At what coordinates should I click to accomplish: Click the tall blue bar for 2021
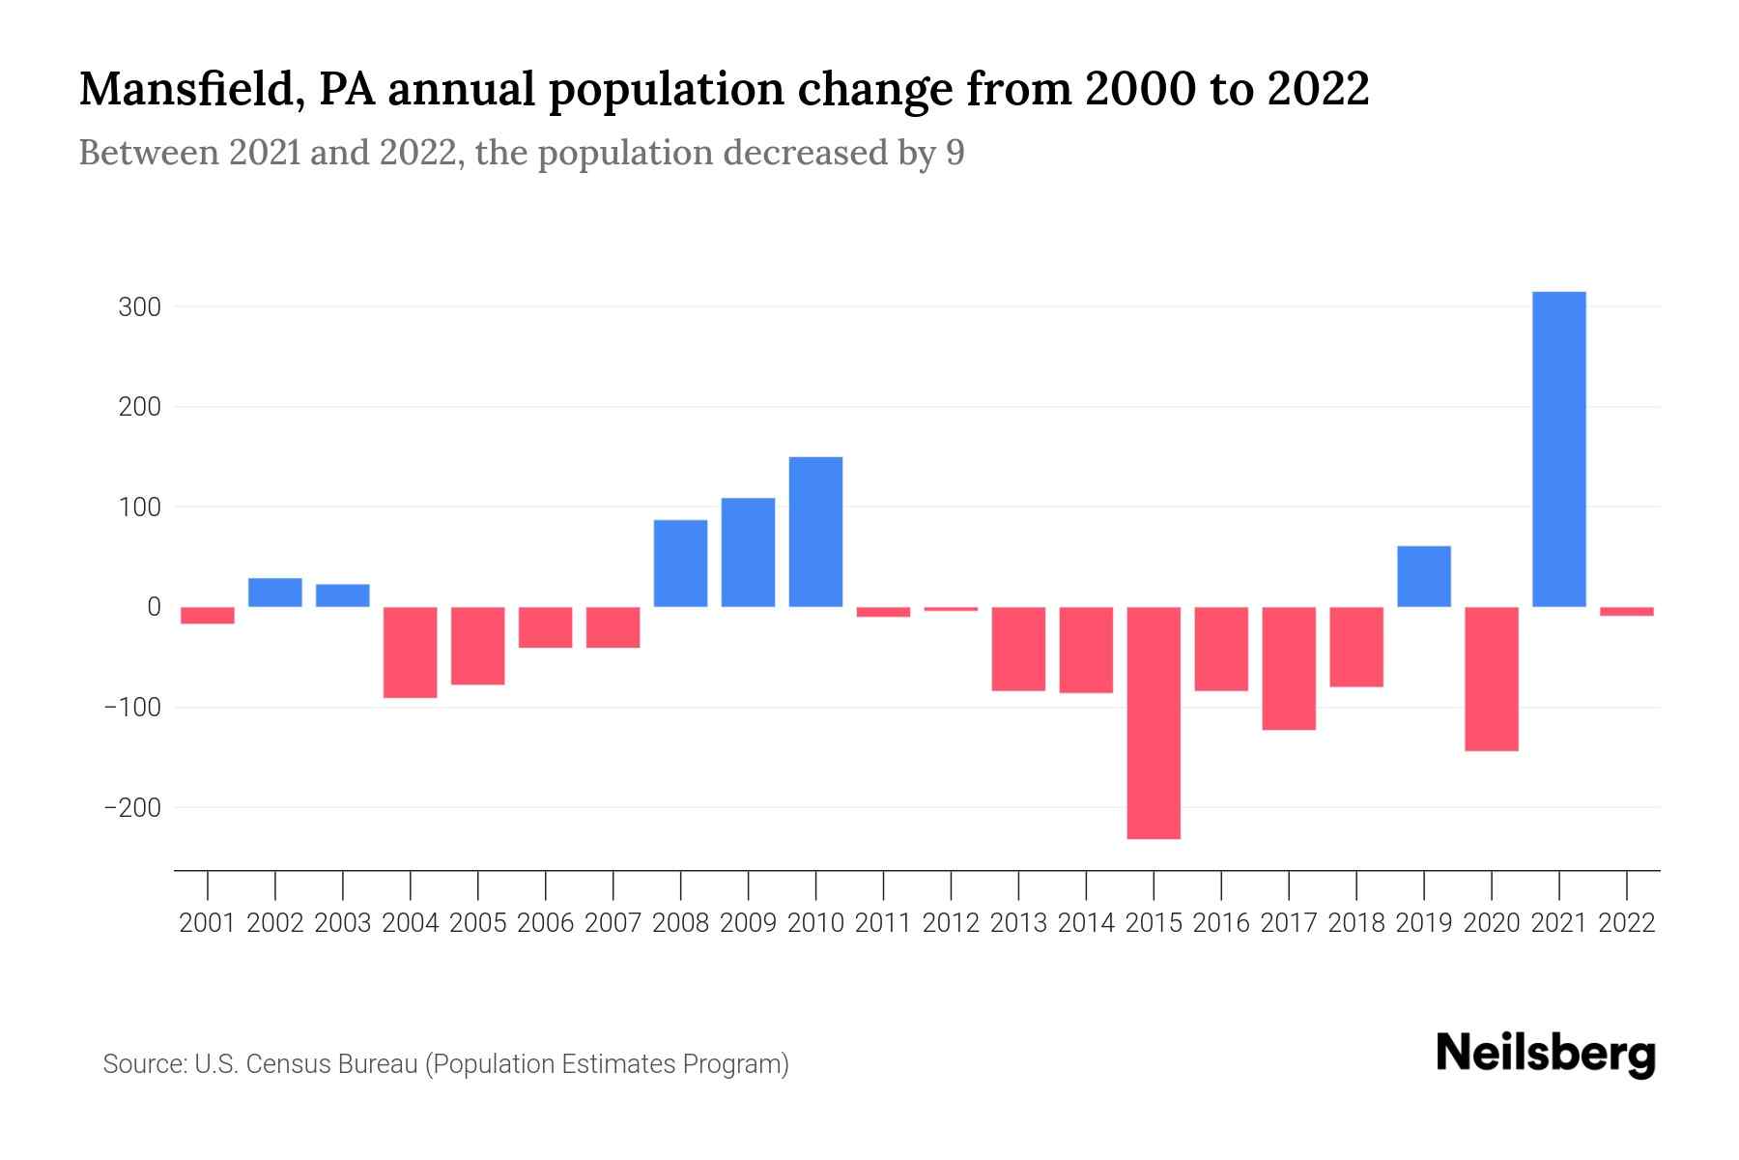click(x=1558, y=449)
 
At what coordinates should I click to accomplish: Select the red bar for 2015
click(x=1154, y=723)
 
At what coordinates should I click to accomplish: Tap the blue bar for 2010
click(x=815, y=532)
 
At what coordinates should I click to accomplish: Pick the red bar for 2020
click(x=1491, y=679)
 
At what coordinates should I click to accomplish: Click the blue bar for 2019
click(x=1423, y=577)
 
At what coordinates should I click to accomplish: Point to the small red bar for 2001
click(x=208, y=615)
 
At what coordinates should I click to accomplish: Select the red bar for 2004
click(x=410, y=652)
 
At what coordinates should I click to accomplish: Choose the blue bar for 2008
click(x=680, y=564)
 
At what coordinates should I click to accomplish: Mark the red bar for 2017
click(x=1288, y=668)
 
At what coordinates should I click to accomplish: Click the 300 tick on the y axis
click(x=139, y=307)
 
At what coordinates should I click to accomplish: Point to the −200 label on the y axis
click(x=132, y=807)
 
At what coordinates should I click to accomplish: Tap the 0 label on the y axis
click(x=154, y=607)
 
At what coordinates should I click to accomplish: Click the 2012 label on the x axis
click(x=951, y=923)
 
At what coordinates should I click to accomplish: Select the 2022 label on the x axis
click(x=1626, y=923)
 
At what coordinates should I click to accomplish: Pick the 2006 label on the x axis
click(x=545, y=923)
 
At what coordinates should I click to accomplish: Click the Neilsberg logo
click(x=1546, y=1054)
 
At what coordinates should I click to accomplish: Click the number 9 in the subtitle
click(x=955, y=153)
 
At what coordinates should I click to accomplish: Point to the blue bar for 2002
click(x=275, y=593)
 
